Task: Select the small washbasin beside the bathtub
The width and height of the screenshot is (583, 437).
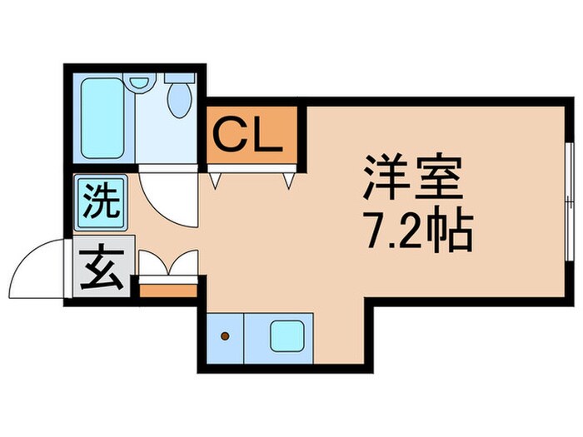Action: [139, 82]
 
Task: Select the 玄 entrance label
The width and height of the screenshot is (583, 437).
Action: [100, 268]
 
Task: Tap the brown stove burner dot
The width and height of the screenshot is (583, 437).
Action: [224, 337]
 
